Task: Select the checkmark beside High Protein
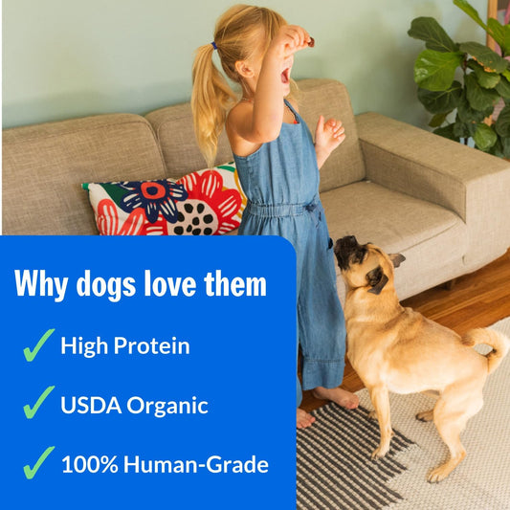38,344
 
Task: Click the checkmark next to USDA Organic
38,403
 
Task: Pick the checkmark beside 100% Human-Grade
38,463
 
